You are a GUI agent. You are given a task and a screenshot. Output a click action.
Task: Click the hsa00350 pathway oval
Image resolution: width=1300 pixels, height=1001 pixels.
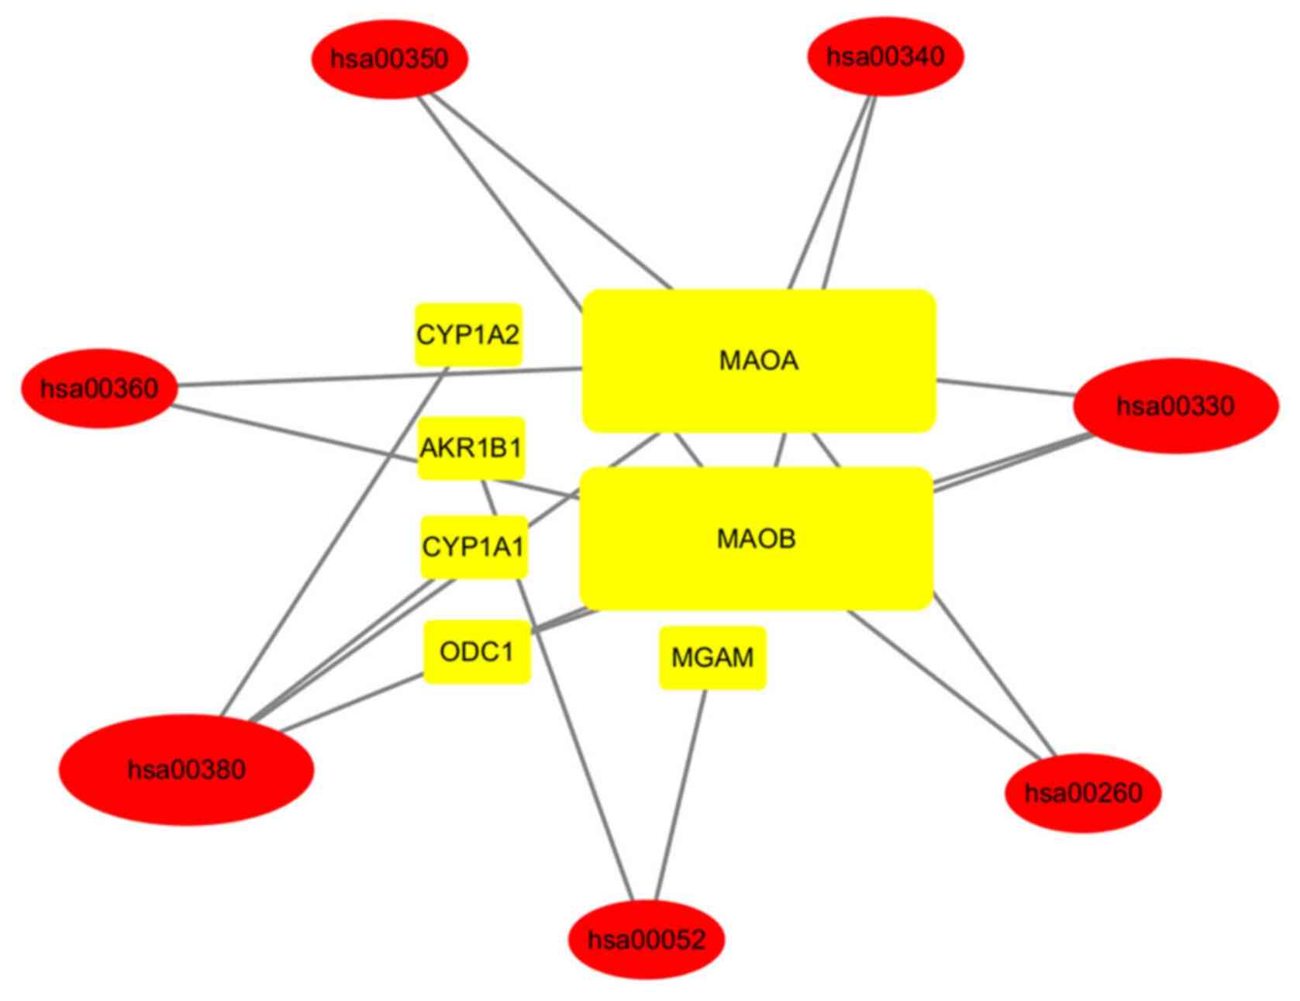click(x=389, y=59)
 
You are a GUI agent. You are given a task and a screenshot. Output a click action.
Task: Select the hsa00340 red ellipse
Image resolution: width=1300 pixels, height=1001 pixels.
click(x=885, y=57)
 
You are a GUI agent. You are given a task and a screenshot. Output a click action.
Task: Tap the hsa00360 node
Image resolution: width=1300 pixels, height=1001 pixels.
click(x=99, y=388)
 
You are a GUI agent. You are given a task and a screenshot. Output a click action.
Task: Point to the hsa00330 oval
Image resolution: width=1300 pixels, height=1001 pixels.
click(x=1175, y=406)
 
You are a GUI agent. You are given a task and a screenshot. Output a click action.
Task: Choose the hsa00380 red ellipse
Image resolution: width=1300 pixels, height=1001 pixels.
click(x=187, y=769)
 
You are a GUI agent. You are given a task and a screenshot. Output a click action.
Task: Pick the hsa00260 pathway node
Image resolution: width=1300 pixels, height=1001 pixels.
click(x=1083, y=792)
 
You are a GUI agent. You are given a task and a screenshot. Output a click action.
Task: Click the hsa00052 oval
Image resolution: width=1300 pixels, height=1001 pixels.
click(x=647, y=940)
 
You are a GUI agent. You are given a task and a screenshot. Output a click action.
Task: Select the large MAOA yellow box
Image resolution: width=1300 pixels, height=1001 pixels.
click(x=758, y=361)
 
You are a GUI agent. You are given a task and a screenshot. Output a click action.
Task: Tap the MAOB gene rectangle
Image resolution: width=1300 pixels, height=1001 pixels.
click(x=756, y=538)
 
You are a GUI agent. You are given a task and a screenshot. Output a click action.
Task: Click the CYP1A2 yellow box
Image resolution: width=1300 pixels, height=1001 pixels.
click(x=468, y=334)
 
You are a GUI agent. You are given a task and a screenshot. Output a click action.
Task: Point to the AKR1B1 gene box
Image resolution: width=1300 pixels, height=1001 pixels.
click(x=471, y=447)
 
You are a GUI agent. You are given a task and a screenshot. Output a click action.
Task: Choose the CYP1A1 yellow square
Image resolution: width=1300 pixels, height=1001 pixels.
click(x=473, y=547)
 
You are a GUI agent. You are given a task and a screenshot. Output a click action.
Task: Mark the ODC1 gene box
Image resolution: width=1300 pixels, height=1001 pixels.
click(x=476, y=651)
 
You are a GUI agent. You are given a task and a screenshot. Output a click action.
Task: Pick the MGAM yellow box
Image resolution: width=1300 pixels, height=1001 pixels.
click(x=712, y=658)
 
